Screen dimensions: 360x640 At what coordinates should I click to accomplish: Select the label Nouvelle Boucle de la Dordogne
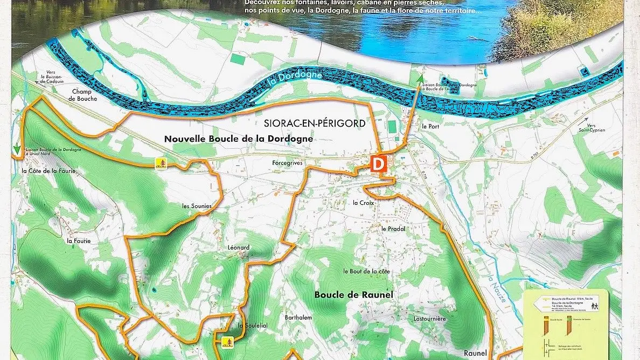tap(238, 139)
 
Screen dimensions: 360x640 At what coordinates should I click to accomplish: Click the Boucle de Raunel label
tap(353, 295)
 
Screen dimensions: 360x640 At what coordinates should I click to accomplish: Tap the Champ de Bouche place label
tap(84, 95)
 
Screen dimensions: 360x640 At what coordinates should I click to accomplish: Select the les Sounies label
tap(197, 206)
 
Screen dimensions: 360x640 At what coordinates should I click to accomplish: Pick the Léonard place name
tap(238, 248)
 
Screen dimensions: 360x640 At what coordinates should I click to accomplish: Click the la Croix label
tap(363, 203)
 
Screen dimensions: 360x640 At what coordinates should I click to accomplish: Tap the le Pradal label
tap(393, 229)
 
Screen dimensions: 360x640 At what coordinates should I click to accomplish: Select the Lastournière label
tap(429, 319)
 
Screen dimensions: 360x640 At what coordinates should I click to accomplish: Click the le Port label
tap(431, 126)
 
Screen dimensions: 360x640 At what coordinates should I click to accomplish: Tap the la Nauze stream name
tap(497, 289)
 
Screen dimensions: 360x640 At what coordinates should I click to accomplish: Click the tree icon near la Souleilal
tap(227, 341)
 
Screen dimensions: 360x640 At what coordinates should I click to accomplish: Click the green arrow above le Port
tap(420, 80)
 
